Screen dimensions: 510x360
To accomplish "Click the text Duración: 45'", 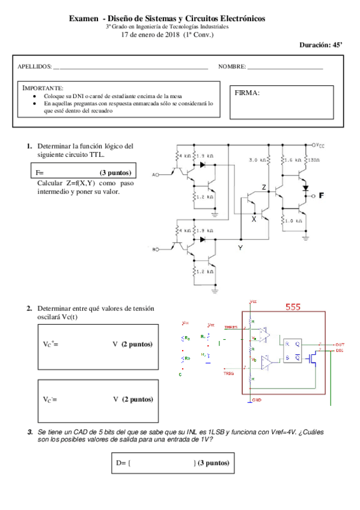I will [322, 45].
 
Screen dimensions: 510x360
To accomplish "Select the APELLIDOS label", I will [35, 66].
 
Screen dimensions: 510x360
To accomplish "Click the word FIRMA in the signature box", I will [249, 93].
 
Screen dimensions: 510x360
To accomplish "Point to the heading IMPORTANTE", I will [42, 88].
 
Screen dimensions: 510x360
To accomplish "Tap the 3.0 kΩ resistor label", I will [258, 160].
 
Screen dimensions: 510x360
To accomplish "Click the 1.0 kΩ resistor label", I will [291, 221].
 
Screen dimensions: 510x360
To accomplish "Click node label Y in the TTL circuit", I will [240, 247].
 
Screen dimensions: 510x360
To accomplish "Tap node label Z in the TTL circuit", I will [264, 187].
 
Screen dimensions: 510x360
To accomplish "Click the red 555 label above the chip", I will [293, 307].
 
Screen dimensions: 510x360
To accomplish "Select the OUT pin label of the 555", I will [340, 344].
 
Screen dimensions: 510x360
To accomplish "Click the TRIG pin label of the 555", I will [229, 372].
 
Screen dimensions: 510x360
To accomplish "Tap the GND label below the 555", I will [256, 399].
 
